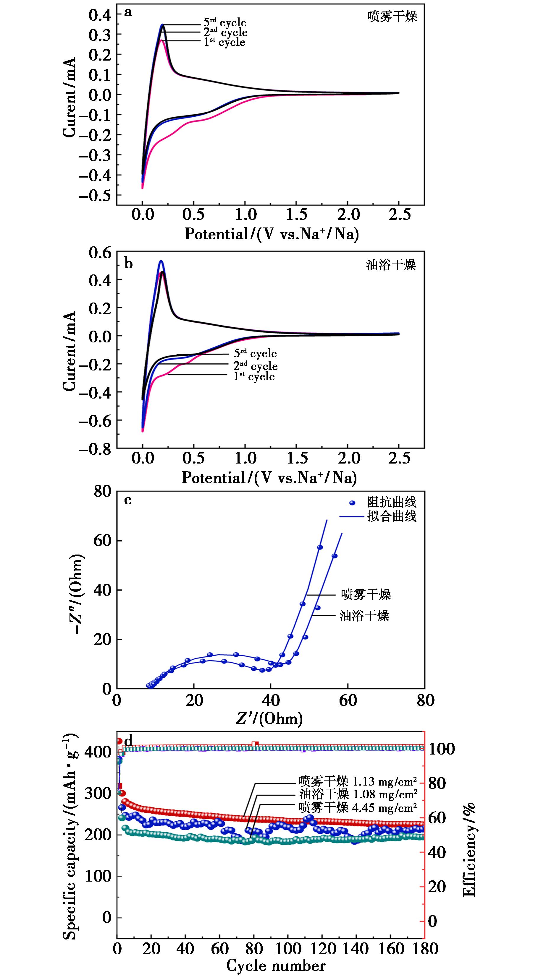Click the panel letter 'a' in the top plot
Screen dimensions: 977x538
(128, 13)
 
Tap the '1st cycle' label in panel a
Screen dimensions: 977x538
(225, 42)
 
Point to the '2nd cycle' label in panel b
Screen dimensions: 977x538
(255, 366)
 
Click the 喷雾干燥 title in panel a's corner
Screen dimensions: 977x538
(392, 17)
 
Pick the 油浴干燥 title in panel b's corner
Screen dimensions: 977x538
(391, 265)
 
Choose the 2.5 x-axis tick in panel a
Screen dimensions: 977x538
(399, 215)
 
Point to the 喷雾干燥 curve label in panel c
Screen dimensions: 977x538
(366, 594)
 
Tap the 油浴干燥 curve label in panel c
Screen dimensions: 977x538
(364, 616)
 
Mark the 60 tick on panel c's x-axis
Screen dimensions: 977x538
(348, 700)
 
